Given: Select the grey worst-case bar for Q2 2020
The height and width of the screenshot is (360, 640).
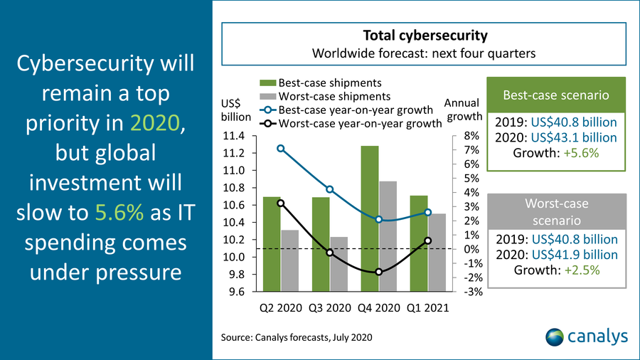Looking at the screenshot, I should coord(290,260).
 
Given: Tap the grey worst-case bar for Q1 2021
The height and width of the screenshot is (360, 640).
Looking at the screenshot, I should coord(437,253).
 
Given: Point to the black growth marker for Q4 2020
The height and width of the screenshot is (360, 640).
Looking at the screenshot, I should coord(379,272).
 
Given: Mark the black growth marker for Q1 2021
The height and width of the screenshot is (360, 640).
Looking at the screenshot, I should coord(428,240).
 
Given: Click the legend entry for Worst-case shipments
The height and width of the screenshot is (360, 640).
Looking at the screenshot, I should coord(324,96).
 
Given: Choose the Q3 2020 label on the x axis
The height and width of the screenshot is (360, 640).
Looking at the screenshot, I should coord(330,309).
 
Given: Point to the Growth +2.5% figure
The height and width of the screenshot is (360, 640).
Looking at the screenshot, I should coord(557,270).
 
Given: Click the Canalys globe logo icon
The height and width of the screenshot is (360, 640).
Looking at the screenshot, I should coord(555,336).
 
